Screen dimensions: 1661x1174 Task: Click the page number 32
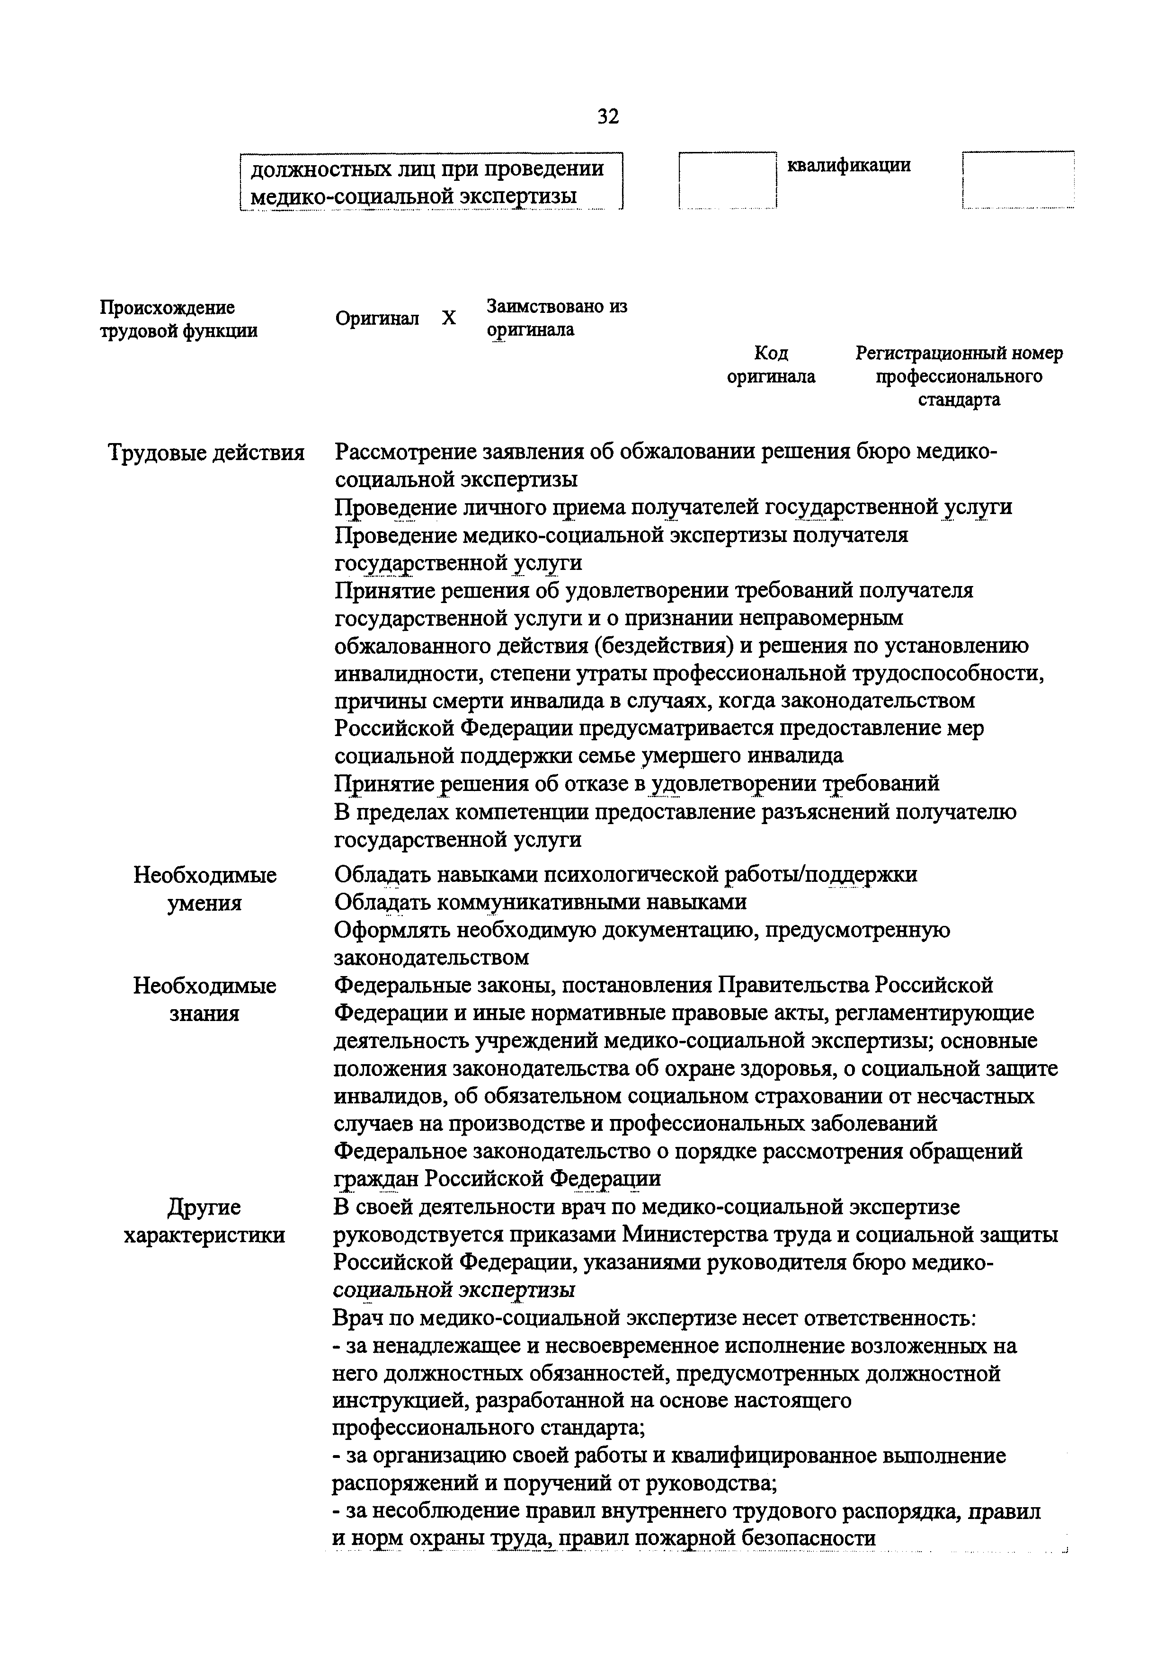[x=608, y=116]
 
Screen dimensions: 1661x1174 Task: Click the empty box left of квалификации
[x=727, y=181]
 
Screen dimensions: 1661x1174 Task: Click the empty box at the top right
[x=1018, y=181]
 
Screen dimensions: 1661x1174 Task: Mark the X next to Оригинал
[x=449, y=318]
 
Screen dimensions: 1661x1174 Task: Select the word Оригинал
[x=377, y=318]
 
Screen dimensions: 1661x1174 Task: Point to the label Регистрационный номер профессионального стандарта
[x=959, y=376]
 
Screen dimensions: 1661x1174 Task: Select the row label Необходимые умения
[x=205, y=889]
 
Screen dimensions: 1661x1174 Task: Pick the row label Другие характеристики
[x=205, y=1221]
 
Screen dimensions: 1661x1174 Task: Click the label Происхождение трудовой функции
[x=178, y=319]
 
